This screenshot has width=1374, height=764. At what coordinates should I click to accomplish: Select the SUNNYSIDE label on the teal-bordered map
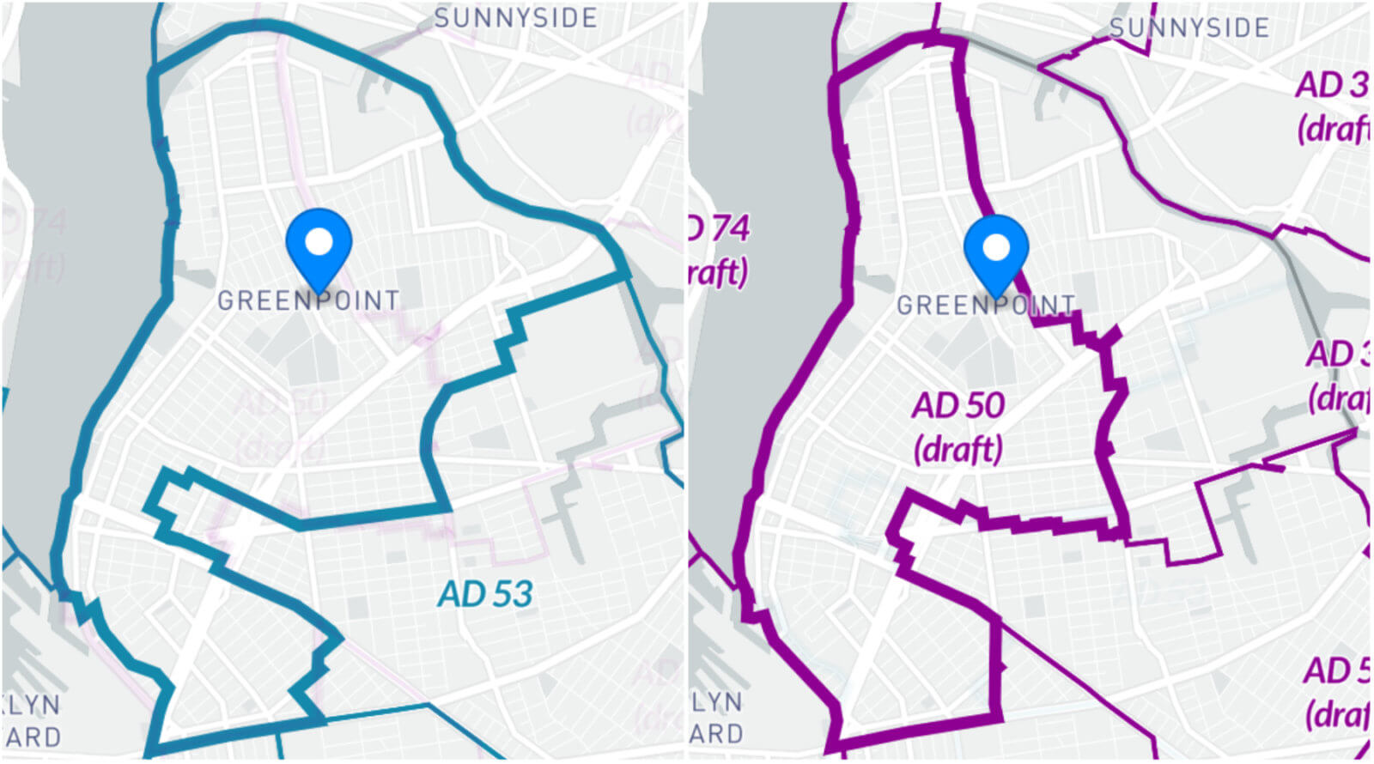tap(515, 18)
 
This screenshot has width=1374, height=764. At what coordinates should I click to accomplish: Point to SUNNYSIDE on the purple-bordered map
tap(1189, 27)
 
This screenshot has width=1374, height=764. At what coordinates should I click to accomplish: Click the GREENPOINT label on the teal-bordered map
tap(308, 300)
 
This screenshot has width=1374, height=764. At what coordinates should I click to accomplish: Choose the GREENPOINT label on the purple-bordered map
tap(986, 305)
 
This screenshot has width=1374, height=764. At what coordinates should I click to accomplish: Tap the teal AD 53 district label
tap(485, 594)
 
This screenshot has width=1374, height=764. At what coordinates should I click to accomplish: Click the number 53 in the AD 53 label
tap(511, 594)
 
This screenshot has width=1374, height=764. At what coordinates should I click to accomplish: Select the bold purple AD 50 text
tap(958, 406)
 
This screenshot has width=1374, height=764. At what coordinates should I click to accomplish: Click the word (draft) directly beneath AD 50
tap(958, 448)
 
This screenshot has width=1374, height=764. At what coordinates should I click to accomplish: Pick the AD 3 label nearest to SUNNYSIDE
tap(1331, 85)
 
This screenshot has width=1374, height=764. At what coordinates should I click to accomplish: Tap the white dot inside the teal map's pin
tap(319, 241)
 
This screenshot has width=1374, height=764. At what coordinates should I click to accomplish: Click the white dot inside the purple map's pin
tap(996, 248)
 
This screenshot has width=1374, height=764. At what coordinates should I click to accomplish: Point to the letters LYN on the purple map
tap(717, 702)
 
